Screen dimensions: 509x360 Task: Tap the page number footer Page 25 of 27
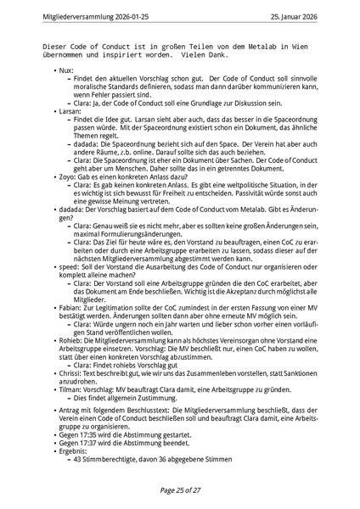click(180, 490)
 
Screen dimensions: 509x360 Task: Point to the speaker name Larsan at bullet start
click(70, 111)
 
